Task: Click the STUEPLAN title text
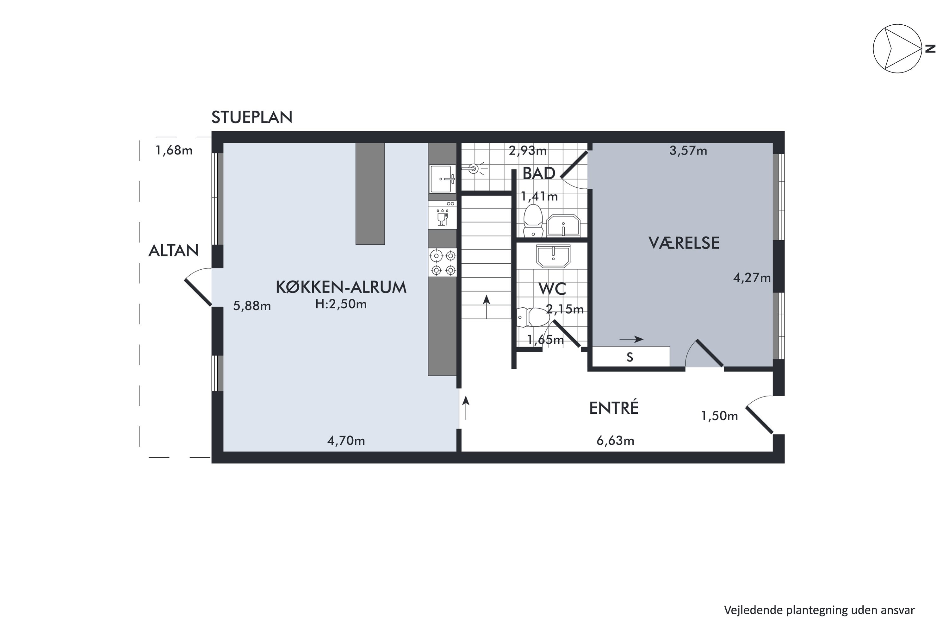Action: tap(252, 117)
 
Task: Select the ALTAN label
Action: tap(173, 251)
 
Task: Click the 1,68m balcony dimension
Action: tap(174, 151)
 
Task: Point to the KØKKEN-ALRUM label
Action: tap(341, 287)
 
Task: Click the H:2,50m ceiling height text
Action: tap(341, 304)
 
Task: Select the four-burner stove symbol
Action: tap(443, 262)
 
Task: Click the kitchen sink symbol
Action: tap(443, 179)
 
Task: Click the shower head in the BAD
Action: tap(475, 169)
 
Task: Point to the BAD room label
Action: tap(539, 173)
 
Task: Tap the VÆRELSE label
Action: tap(684, 243)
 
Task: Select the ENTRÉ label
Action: tap(613, 408)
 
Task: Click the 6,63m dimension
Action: tap(615, 441)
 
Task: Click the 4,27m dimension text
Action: tap(751, 278)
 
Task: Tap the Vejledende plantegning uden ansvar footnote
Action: tap(819, 610)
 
